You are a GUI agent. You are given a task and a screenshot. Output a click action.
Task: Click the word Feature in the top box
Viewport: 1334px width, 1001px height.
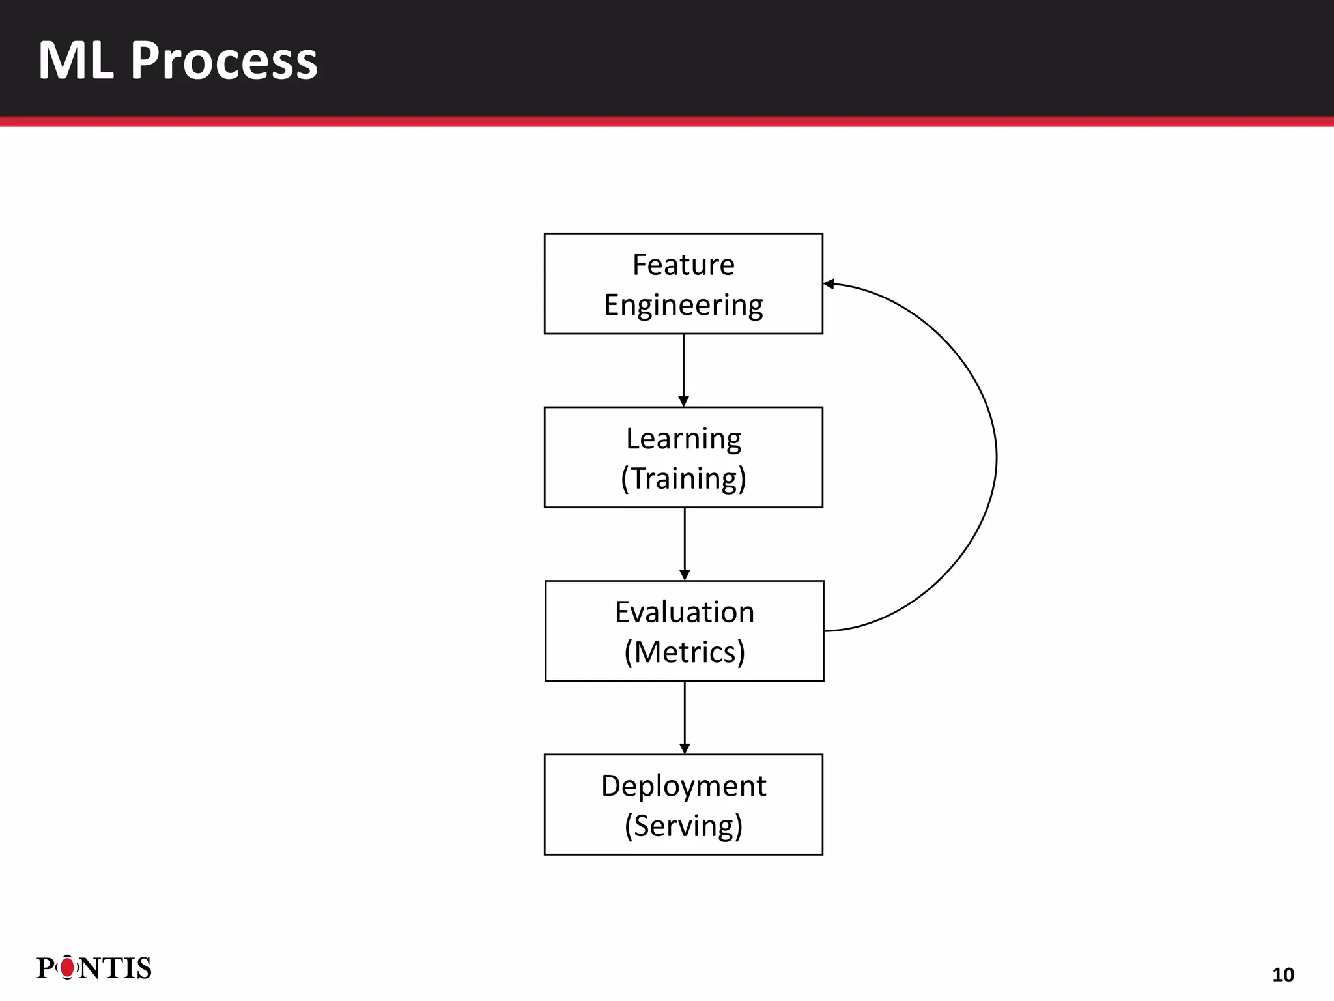click(683, 265)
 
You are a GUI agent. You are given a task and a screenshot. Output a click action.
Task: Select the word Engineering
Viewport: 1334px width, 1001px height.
click(683, 305)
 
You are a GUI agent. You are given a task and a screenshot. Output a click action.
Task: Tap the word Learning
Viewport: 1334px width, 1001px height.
click(683, 439)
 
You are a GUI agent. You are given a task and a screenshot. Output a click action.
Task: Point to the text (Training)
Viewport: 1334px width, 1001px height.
click(683, 478)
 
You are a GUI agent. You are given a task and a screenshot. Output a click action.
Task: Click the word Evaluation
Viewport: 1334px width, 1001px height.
click(685, 613)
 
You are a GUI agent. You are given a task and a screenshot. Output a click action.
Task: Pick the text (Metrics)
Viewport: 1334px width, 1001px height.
click(685, 652)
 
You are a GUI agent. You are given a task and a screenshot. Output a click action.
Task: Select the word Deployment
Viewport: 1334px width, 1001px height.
click(683, 786)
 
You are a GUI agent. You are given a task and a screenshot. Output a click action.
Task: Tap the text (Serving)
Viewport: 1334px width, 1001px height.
click(683, 826)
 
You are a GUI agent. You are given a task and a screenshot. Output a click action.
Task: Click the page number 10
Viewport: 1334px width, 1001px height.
click(1283, 975)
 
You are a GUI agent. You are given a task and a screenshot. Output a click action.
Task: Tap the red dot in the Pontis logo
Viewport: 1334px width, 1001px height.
click(67, 968)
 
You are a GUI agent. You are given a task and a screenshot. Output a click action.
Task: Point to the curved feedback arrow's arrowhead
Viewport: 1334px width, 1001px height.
click(829, 283)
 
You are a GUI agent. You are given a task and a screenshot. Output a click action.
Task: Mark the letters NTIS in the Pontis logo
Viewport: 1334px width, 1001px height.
click(115, 968)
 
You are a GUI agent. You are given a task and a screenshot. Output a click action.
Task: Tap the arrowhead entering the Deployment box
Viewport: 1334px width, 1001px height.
click(685, 749)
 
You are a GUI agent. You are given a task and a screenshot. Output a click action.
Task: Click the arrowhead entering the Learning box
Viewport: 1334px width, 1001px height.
click(683, 401)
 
